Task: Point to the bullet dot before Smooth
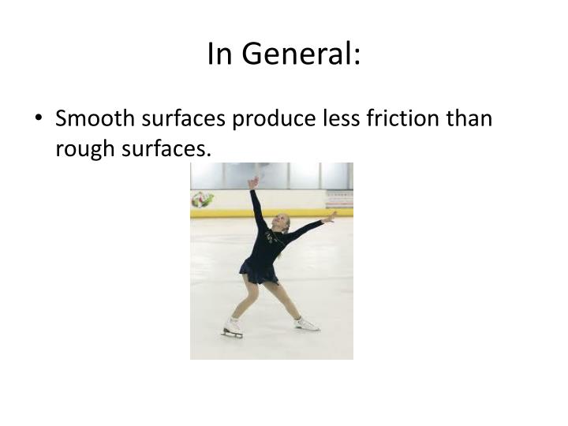click(39, 120)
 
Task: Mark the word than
click(469, 119)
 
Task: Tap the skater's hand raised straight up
click(252, 182)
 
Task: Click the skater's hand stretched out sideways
click(331, 215)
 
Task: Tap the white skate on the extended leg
click(306, 323)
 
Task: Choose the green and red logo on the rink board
click(202, 199)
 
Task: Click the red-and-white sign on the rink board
click(339, 198)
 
